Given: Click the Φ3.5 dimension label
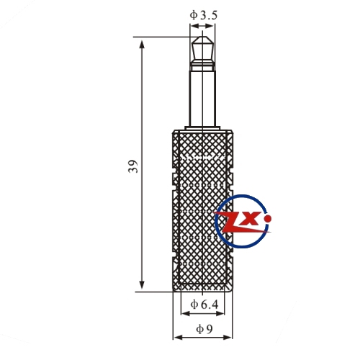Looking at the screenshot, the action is [204, 16].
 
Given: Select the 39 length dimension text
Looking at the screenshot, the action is [133, 166].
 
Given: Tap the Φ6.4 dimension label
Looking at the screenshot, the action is [204, 305].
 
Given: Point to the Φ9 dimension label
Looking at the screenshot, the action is [204, 329].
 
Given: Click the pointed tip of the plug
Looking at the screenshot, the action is [202, 37].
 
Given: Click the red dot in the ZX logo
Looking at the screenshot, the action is [268, 219].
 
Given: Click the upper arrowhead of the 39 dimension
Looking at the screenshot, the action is [142, 45].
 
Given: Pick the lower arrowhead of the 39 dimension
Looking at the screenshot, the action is [142, 284].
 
